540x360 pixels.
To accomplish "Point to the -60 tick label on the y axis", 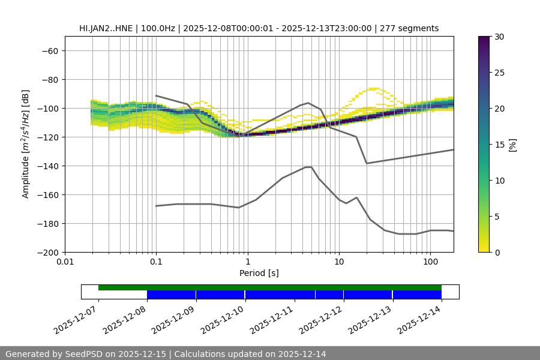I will pos(49,50).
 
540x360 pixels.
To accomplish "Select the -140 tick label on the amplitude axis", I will pos(47,166).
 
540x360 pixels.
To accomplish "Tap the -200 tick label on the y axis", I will pos(47,252).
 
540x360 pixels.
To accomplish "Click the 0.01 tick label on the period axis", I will pos(65,262).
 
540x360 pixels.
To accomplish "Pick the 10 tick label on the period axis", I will pos(339,262).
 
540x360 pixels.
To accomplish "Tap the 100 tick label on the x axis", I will pos(430,262).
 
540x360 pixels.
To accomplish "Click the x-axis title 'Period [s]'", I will pos(259,273).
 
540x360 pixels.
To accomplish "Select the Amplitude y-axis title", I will pos(25,144).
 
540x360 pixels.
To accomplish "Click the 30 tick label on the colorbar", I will pos(499,37).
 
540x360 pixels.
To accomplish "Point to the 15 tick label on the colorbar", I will pos(499,144).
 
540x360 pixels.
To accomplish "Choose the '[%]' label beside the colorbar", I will pos(512,144).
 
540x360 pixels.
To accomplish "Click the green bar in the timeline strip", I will pos(270,287).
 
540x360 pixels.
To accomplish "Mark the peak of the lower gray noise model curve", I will pos(308,167).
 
